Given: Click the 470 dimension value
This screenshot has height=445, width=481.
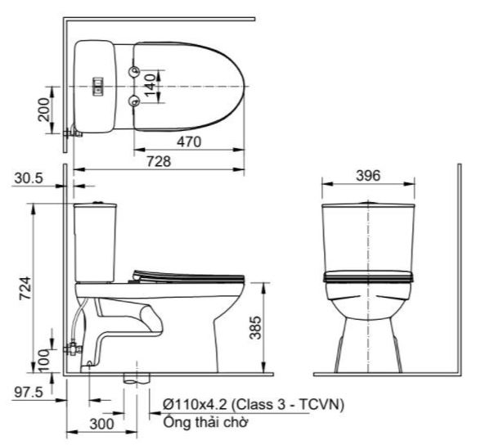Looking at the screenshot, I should point(191,141).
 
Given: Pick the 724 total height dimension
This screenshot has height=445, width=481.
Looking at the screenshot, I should point(25,288).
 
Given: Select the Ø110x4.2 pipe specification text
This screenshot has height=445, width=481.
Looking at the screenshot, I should point(253,405).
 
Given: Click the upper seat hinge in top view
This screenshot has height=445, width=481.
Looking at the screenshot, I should point(136,72).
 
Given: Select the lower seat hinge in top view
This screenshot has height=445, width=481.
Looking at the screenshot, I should point(136,101).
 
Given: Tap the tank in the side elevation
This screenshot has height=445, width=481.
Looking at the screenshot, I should point(97,241).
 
